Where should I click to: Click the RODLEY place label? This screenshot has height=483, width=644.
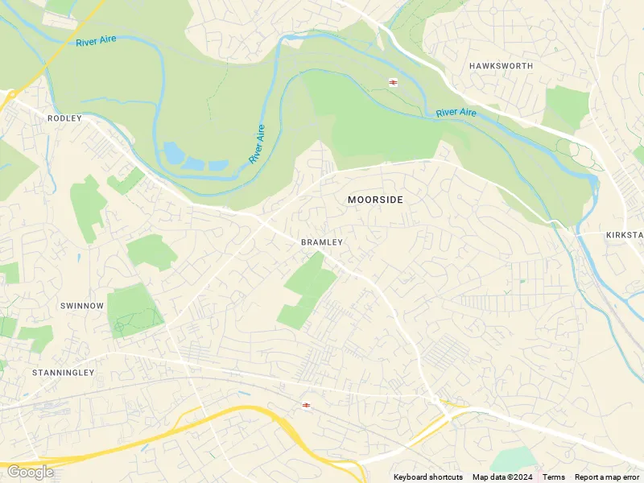64,118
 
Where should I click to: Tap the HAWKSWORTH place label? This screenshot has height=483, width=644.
501,66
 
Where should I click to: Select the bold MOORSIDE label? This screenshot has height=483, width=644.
375,199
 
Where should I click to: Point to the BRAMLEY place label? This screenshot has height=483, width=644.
322,242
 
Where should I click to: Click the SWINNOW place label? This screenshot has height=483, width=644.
82,306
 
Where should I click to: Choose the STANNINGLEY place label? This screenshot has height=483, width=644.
63,373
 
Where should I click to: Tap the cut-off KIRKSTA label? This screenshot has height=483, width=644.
624,234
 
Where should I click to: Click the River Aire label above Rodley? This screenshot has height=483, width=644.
97,40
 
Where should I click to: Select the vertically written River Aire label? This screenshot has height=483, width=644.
257,144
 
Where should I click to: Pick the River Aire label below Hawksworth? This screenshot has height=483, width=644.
456,113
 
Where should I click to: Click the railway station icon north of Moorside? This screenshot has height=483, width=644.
394,82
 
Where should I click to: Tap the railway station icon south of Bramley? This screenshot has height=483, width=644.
306,405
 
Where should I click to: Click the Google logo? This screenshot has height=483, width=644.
30,472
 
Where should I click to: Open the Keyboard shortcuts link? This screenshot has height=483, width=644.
427,477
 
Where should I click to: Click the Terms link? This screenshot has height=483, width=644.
554,477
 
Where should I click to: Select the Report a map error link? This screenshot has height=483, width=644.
606,477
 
